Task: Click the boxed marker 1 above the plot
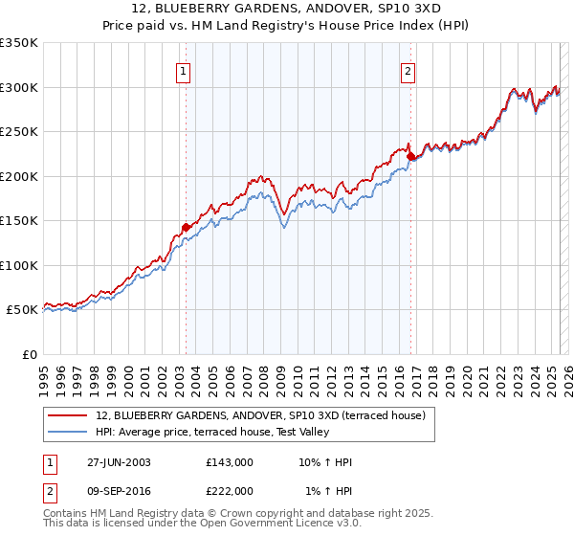pos(183,70)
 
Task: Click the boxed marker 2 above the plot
pos(408,70)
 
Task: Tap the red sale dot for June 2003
pos(186,227)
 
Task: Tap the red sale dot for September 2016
pos(410,156)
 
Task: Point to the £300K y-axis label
pos(19,87)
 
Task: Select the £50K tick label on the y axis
pos(22,310)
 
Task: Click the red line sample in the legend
pos(68,415)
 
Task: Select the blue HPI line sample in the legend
pos(68,433)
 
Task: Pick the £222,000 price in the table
pos(230,490)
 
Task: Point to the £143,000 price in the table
pos(230,462)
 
